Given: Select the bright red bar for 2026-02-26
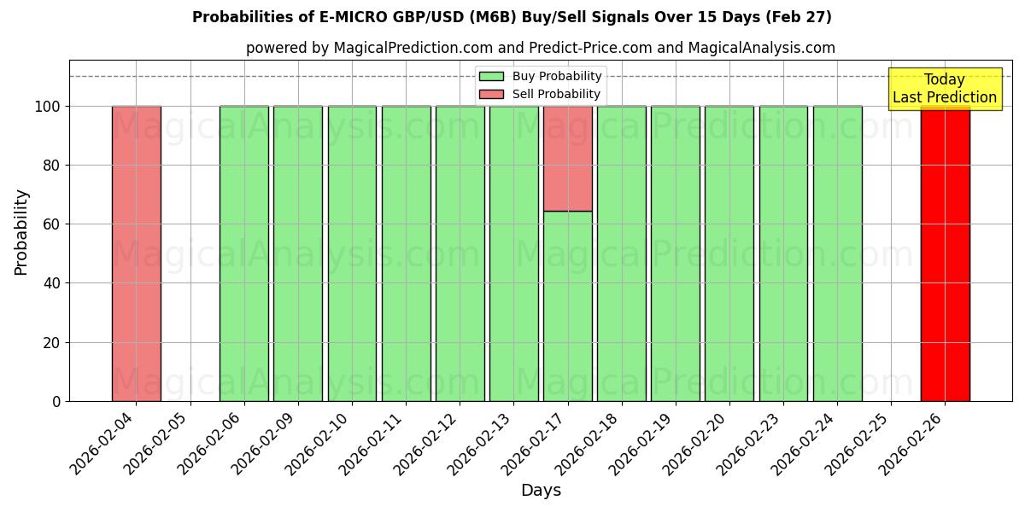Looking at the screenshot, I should (945, 256).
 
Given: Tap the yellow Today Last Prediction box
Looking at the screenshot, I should (944, 89).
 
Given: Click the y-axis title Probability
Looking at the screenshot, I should (21, 231).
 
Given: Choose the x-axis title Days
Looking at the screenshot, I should (541, 491).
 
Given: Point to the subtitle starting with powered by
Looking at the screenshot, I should (540, 48).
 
